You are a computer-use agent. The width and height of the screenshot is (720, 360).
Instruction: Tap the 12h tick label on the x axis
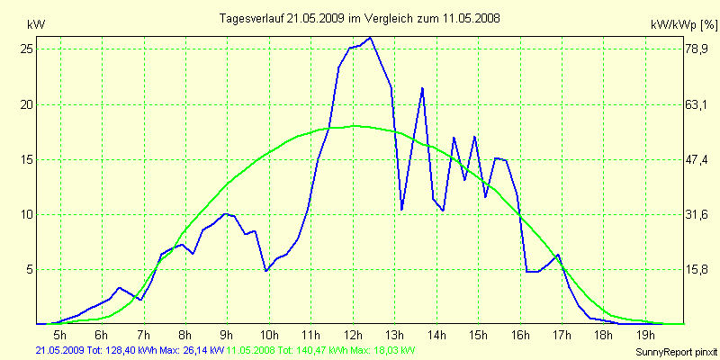pyautogui.click(x=353, y=336)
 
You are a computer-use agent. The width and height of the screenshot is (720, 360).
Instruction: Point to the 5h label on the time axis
pyautogui.click(x=61, y=336)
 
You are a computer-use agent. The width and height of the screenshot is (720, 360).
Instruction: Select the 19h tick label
pyautogui.click(x=644, y=336)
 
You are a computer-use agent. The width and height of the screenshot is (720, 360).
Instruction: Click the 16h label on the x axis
pyautogui.click(x=519, y=336)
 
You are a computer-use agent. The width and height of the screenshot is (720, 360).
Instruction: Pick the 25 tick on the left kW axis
pyautogui.click(x=27, y=49)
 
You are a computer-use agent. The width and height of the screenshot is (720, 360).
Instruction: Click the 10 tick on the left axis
pyautogui.click(x=27, y=214)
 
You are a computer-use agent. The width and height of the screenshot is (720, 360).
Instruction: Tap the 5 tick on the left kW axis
pyautogui.click(x=30, y=269)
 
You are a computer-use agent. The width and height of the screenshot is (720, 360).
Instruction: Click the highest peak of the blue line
pyautogui.click(x=370, y=38)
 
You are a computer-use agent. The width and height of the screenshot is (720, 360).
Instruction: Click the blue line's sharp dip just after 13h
pyautogui.click(x=401, y=210)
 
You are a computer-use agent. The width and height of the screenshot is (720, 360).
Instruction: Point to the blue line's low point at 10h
pyautogui.click(x=265, y=270)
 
